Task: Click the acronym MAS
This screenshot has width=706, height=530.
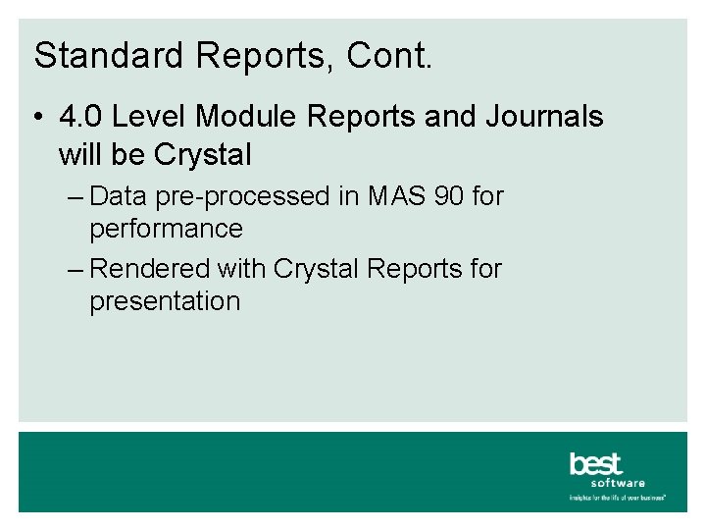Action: tap(394, 196)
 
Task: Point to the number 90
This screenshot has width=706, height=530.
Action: tap(447, 196)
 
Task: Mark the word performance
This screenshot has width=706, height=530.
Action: tap(166, 230)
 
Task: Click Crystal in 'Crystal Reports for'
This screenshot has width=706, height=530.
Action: tap(317, 268)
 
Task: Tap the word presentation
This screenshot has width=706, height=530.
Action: tap(165, 301)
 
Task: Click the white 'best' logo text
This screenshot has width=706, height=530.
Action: tap(595, 463)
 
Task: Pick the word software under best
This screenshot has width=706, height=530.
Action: tap(618, 483)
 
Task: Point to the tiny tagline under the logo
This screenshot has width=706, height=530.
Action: tap(618, 498)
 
